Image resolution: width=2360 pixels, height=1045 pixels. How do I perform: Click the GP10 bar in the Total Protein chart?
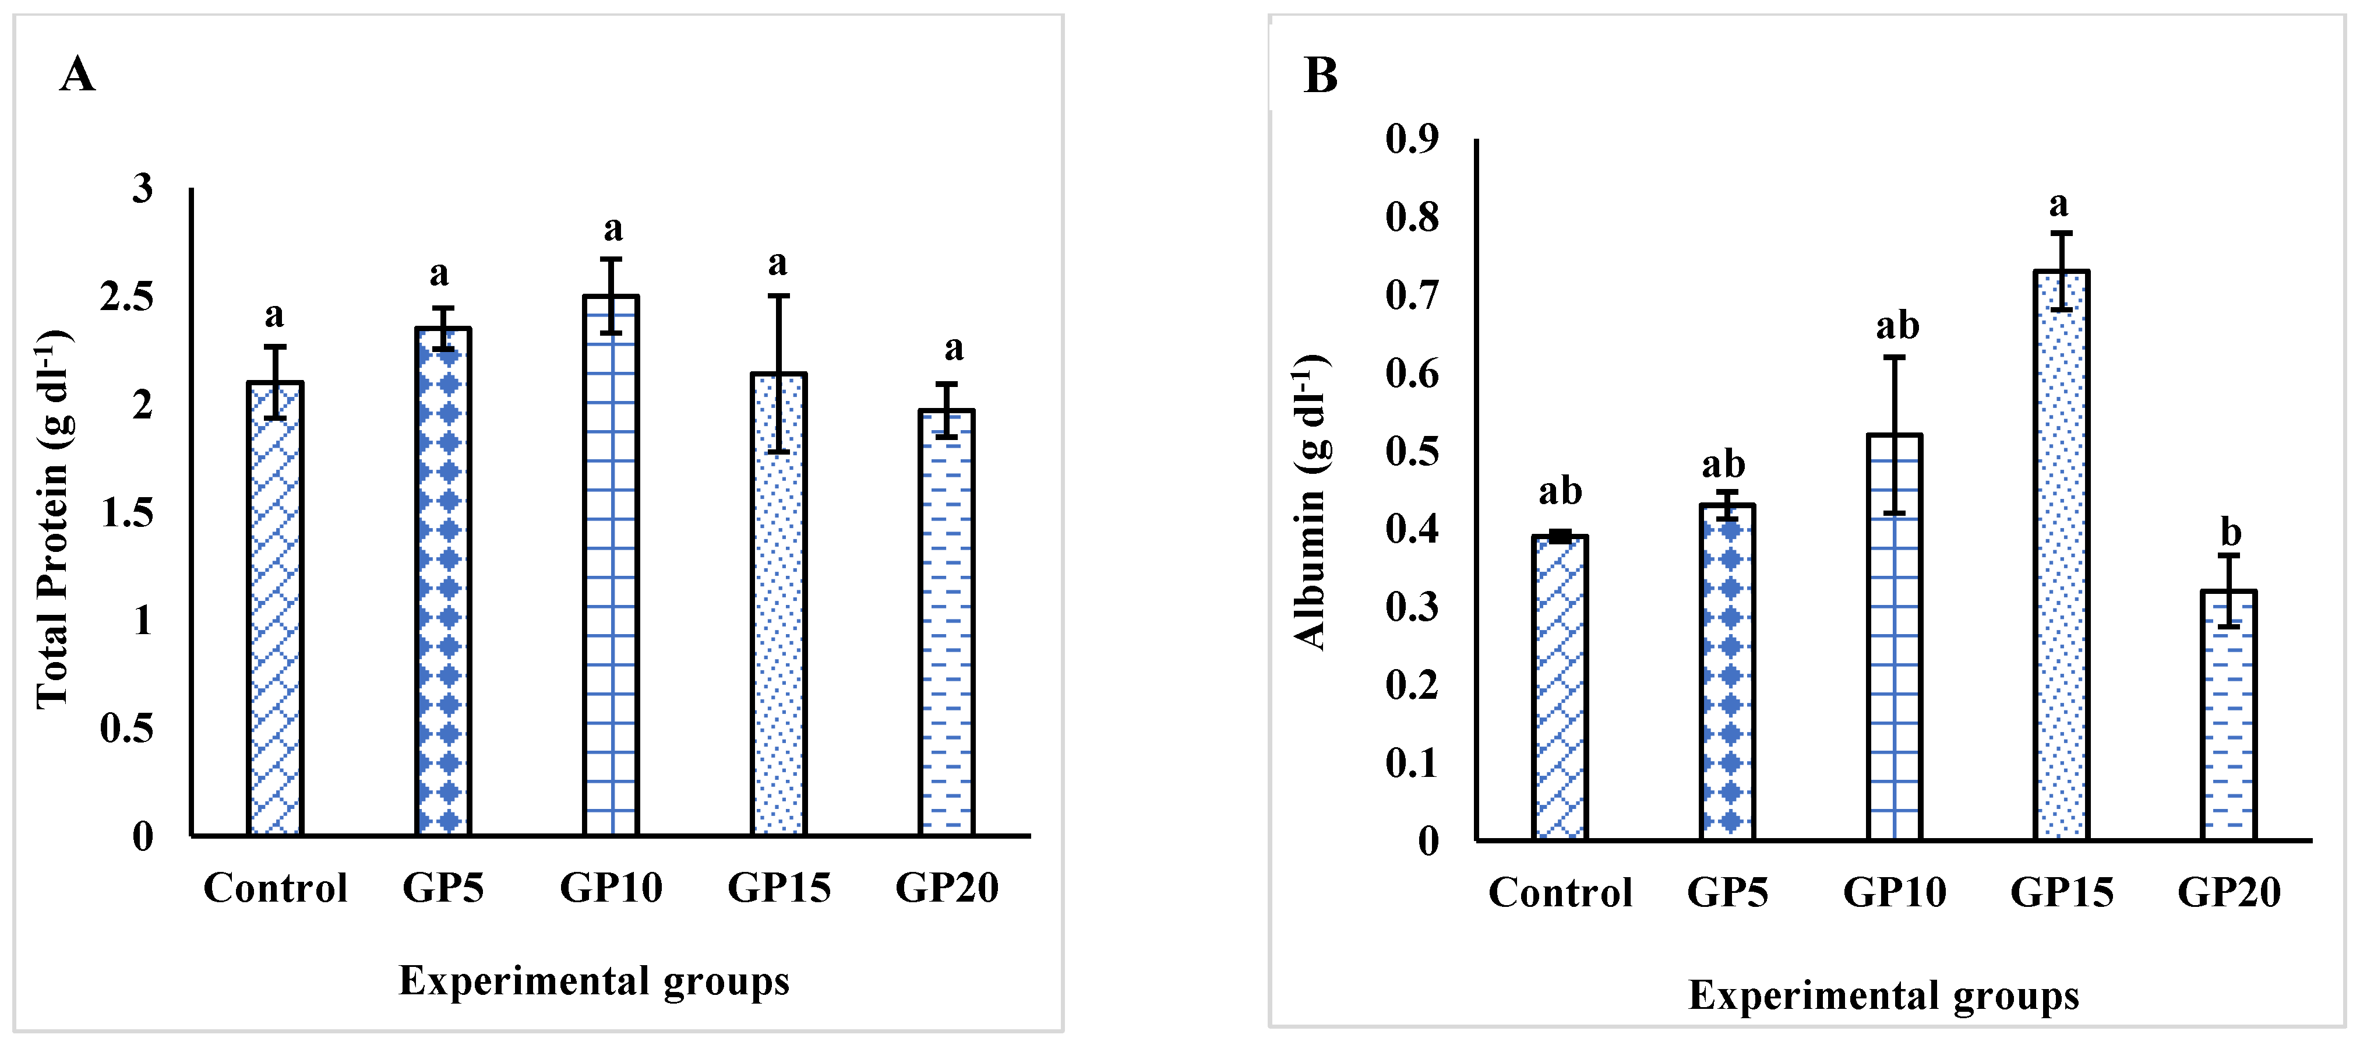pos(611,568)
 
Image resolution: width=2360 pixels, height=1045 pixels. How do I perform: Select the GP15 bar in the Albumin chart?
pos(2061,559)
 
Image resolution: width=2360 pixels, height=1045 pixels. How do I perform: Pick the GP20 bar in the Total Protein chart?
pos(946,624)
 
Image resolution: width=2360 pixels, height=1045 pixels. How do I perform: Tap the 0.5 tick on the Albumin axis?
pos(1412,451)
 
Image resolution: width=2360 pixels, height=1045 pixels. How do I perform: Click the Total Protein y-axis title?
pos(53,518)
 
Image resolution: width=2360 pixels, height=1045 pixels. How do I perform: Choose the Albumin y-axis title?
pos(1310,502)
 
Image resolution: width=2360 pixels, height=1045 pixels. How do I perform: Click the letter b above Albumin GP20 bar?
pos(2231,532)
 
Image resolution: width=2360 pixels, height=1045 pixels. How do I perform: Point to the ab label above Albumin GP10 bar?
pos(1896,325)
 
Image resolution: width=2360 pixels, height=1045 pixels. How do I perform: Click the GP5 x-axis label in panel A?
pos(443,887)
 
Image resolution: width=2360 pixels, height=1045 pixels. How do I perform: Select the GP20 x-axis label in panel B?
pos(2229,892)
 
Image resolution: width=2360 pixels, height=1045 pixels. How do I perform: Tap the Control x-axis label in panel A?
pos(275,887)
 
